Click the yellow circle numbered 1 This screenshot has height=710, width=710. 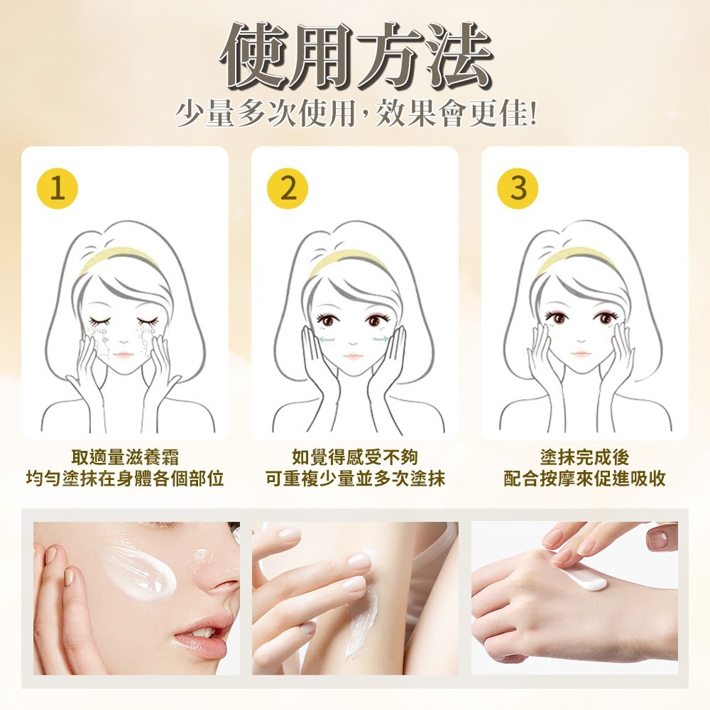[58, 188]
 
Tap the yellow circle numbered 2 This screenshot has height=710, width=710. [288, 188]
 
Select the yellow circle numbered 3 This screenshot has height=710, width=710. [518, 188]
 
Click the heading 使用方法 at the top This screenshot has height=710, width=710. [356, 55]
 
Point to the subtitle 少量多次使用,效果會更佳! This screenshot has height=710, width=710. [356, 113]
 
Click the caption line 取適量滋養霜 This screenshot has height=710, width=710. [126, 457]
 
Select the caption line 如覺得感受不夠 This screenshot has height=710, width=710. [355, 457]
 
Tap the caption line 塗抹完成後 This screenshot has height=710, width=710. [584, 457]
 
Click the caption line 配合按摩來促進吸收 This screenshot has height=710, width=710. [584, 478]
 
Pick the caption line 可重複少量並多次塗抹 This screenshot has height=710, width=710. [355, 478]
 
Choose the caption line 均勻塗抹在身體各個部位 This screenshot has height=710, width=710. [125, 478]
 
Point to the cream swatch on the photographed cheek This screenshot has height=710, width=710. [141, 572]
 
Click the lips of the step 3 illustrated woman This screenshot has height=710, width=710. [582, 353]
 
